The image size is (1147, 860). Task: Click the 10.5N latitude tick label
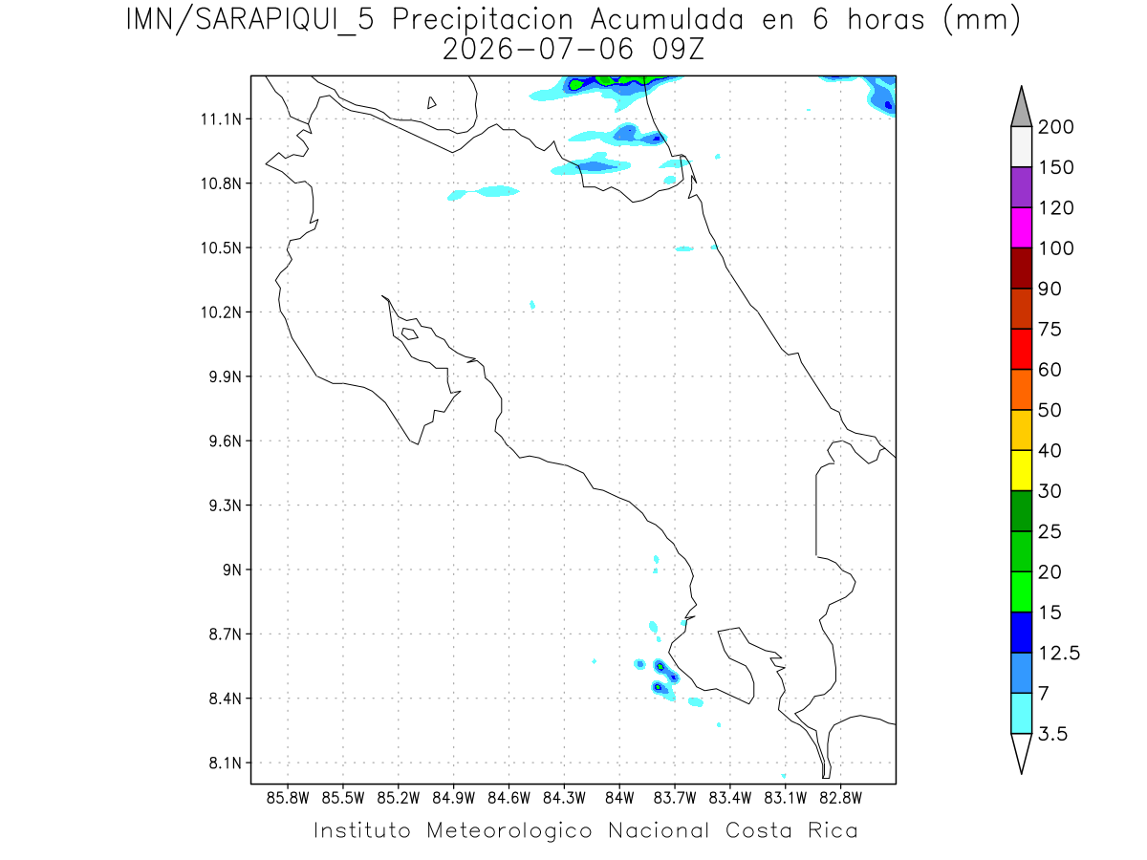tap(221, 248)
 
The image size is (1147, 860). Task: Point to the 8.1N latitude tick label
tap(226, 763)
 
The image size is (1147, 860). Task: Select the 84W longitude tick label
tap(619, 799)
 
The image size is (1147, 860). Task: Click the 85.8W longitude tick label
tap(288, 799)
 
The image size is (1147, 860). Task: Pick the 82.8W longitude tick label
tap(840, 799)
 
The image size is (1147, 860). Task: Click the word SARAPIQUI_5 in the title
tap(285, 21)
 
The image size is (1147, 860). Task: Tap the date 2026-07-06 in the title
tap(538, 50)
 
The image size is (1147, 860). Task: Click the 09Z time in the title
tap(679, 50)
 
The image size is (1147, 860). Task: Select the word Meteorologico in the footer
tap(509, 831)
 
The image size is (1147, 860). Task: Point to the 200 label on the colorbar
tap(1055, 127)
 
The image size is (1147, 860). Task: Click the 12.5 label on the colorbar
tap(1059, 654)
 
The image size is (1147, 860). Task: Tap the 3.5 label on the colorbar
tap(1052, 734)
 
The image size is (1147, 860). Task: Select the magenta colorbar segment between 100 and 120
tap(1021, 227)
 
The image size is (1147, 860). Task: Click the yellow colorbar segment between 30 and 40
tap(1021, 470)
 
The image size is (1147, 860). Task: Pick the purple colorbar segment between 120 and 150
tap(1021, 187)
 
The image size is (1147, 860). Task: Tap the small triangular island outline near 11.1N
tap(431, 103)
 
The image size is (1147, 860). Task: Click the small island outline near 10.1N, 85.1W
tap(410, 333)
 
